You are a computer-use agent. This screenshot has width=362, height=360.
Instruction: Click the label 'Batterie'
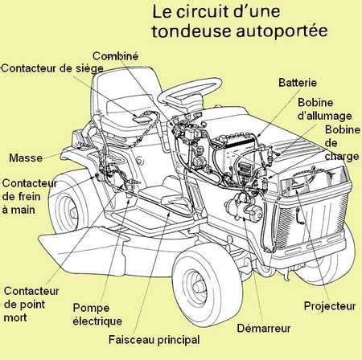click(x=297, y=83)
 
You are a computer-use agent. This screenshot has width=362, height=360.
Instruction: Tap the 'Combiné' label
click(x=116, y=55)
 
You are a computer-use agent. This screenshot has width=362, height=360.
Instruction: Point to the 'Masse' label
click(x=26, y=157)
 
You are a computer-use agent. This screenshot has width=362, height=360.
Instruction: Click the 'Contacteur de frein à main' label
click(x=29, y=196)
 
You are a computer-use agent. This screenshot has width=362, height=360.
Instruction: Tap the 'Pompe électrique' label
click(x=97, y=315)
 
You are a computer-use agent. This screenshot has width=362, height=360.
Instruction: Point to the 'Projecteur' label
click(x=329, y=305)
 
